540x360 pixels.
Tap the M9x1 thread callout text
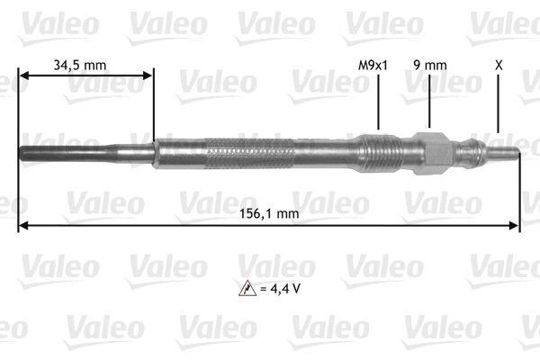[x=372, y=65]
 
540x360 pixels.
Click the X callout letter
[x=498, y=65]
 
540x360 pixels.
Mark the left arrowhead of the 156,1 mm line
[x=23, y=224]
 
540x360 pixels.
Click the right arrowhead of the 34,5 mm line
[x=148, y=76]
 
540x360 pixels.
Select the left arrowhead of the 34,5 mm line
[x=24, y=76]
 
